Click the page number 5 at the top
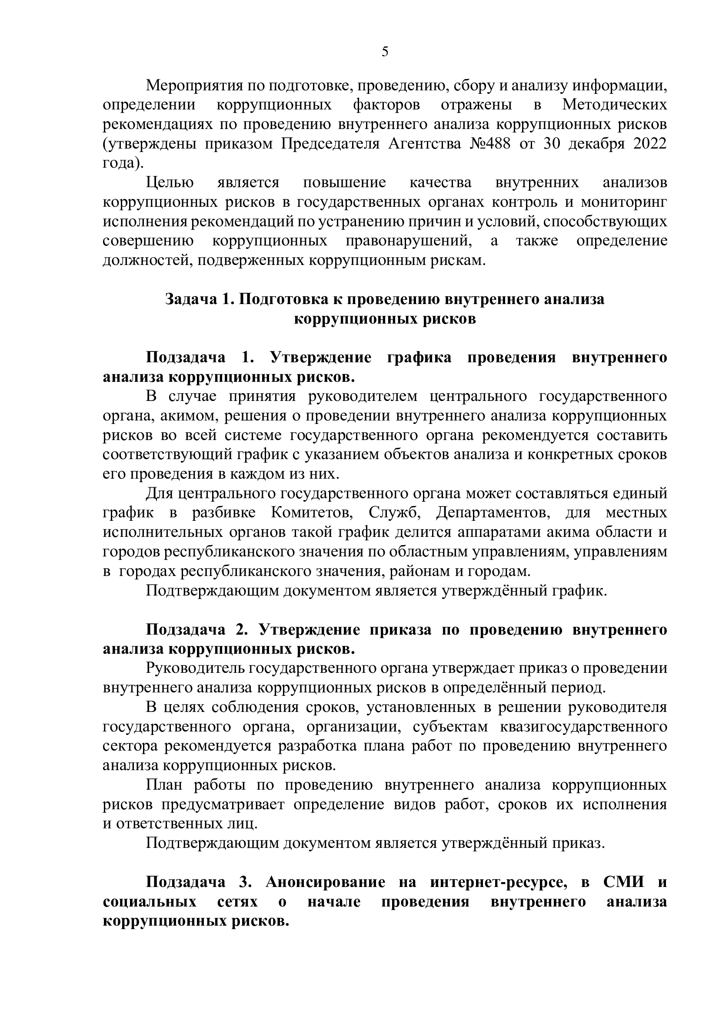385,52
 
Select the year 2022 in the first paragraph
650,144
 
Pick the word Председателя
330,144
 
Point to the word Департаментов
493,513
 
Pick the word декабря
593,144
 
